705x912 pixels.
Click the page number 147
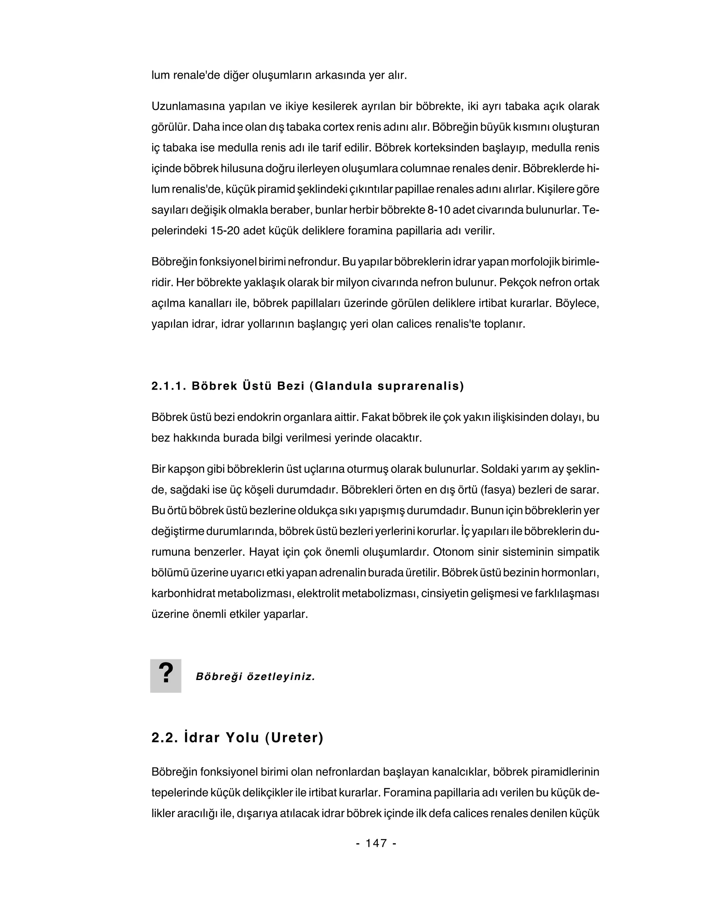[376, 843]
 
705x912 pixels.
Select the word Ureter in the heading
[296, 738]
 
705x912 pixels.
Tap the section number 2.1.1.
[168, 386]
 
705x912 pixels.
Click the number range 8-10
[439, 210]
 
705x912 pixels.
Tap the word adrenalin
[343, 573]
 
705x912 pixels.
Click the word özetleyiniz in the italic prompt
[281, 677]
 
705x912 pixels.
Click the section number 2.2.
[165, 738]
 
